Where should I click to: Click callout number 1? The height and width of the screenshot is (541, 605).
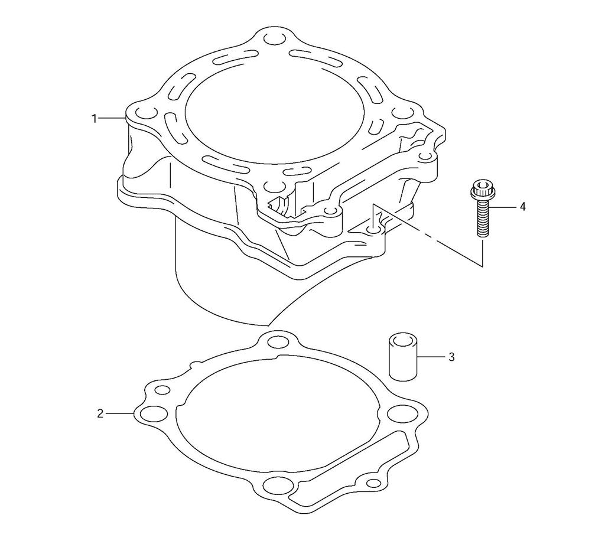(x=94, y=119)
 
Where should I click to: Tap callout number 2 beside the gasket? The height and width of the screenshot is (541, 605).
(x=100, y=414)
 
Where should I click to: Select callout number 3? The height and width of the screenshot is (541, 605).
(x=451, y=357)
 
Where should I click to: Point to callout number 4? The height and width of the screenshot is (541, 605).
(x=522, y=207)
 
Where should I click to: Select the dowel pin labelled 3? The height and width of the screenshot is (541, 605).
(x=402, y=357)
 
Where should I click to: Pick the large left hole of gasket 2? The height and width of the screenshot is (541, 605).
(x=154, y=414)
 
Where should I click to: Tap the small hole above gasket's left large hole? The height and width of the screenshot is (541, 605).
(x=162, y=390)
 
